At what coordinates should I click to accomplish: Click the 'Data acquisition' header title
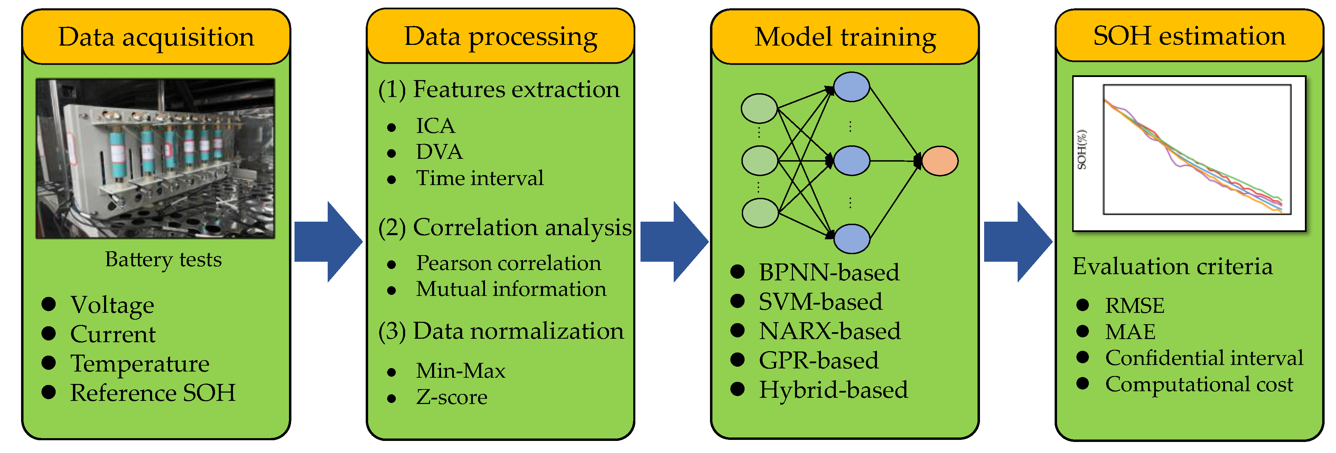coord(156,37)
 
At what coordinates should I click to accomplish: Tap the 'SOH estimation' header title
coord(1189,36)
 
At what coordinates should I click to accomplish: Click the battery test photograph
coord(155,158)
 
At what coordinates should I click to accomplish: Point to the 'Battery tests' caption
coord(164,259)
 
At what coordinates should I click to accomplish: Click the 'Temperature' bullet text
coord(140,363)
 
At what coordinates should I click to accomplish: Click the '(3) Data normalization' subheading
coord(501,331)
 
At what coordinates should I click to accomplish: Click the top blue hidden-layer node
coord(851,87)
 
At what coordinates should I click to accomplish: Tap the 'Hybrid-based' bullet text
coord(833,390)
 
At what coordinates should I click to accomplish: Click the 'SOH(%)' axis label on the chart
coord(1081,149)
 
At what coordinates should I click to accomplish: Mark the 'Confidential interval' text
coord(1204,358)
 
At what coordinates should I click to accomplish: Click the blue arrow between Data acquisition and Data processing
coord(328,242)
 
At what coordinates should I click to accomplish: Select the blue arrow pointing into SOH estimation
coord(1018,242)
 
